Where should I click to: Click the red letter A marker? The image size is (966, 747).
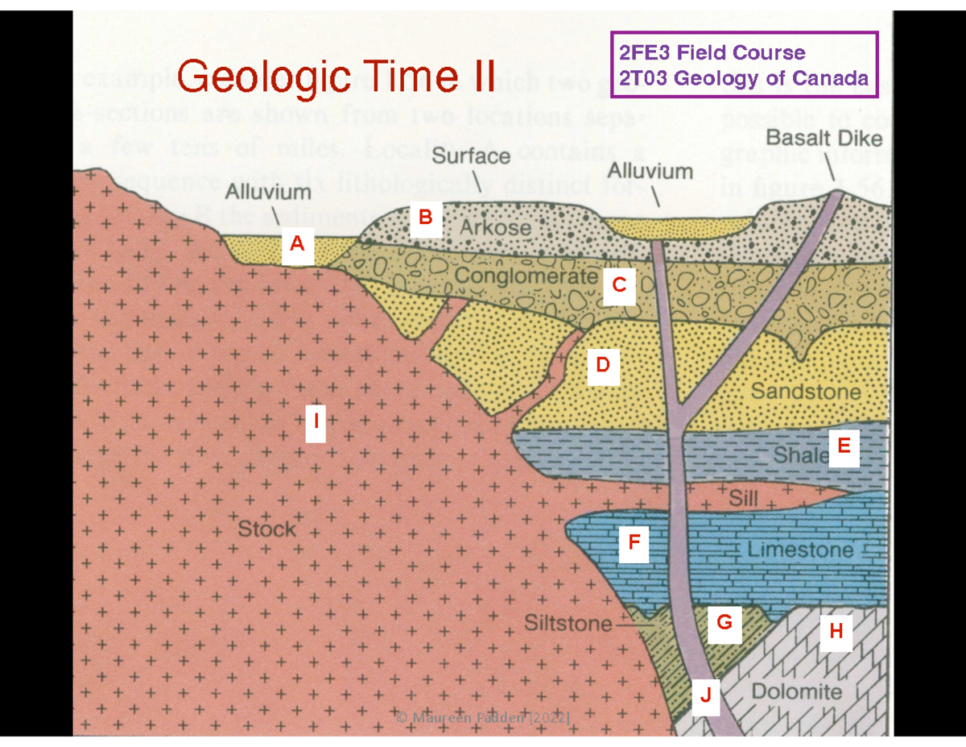coord(297,243)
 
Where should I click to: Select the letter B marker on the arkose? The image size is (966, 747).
coord(426,217)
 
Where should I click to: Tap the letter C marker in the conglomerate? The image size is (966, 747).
coord(619,285)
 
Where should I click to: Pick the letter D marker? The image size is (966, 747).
coord(603,365)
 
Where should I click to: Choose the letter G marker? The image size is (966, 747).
coord(724,622)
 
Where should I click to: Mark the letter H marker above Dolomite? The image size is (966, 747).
coord(836,631)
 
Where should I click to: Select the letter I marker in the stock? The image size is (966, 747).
coord(316,421)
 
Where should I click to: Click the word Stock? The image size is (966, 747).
coord(266,529)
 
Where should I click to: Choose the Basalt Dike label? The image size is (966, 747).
coord(824,138)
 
